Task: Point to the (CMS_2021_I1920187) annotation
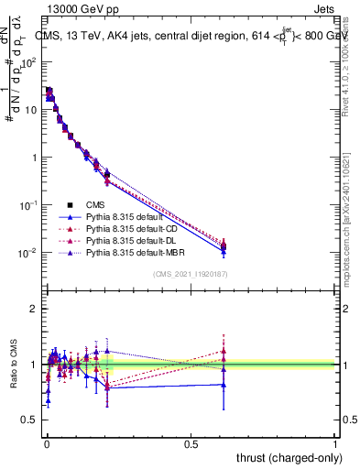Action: (191, 274)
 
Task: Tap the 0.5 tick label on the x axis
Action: (191, 443)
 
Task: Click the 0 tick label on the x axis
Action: (47, 443)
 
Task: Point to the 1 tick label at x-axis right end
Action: (336, 443)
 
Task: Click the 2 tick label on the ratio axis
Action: (34, 309)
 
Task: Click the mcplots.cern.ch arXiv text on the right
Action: (350, 211)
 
